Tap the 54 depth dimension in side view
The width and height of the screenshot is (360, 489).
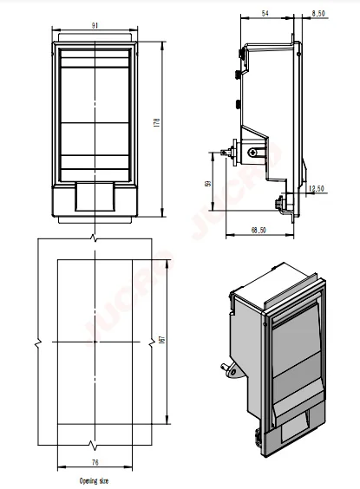point(265,15)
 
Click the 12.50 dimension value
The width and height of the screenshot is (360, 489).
point(317,188)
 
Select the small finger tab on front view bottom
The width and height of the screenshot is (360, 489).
point(93,199)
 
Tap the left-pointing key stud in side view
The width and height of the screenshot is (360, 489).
point(229,151)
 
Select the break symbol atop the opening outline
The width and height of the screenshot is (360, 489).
point(93,239)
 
